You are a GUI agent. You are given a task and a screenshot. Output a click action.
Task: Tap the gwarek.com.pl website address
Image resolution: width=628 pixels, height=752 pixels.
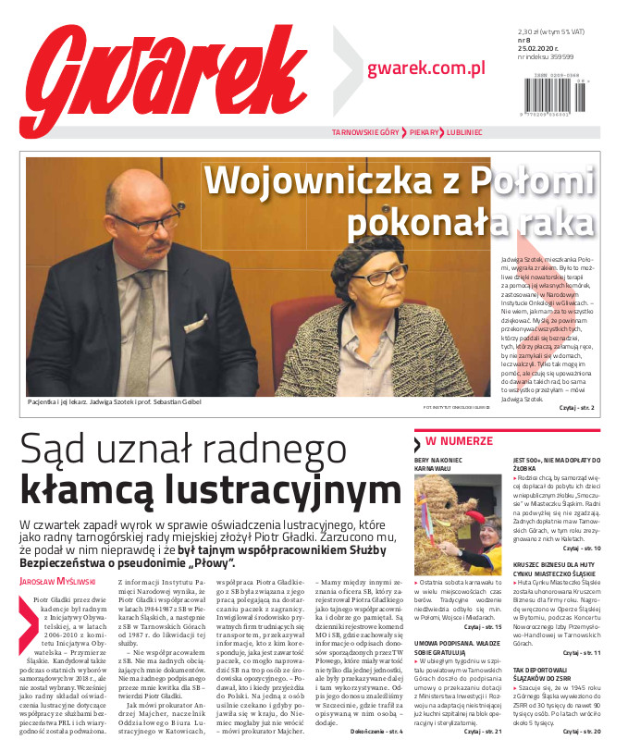426,67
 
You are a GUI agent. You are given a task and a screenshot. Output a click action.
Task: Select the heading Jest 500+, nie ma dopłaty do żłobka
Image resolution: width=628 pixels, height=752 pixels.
553,462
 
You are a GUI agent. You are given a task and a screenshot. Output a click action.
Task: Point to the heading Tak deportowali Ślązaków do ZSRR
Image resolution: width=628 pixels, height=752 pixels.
553,672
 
